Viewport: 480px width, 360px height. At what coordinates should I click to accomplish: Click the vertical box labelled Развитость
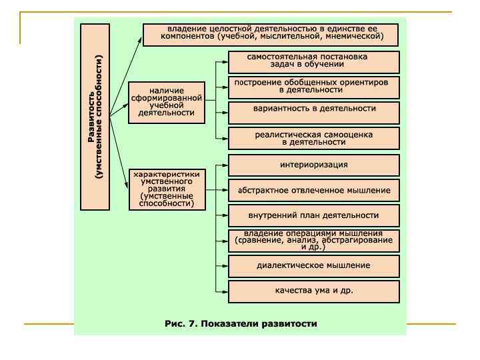tap(95, 116)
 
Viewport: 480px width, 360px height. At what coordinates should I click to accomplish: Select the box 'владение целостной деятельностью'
tap(270, 34)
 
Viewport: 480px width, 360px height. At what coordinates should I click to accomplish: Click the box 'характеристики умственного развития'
tap(166, 189)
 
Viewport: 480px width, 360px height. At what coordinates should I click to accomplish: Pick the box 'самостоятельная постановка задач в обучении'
tap(313, 61)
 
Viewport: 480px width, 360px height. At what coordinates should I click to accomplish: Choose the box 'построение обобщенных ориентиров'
tap(313, 87)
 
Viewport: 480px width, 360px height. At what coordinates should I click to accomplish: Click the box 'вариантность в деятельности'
tap(313, 111)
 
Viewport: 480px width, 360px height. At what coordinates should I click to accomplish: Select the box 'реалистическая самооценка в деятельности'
tap(313, 138)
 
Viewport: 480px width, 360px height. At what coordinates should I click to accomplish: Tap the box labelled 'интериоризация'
tap(313, 165)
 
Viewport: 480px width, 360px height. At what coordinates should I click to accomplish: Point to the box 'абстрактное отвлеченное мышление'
tap(313, 190)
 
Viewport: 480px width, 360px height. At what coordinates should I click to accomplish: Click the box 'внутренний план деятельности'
tap(313, 215)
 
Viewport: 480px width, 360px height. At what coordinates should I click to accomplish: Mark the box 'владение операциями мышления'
tap(313, 240)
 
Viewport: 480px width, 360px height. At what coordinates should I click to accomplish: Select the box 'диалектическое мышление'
tap(313, 265)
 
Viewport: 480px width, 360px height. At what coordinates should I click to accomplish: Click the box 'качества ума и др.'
tap(313, 291)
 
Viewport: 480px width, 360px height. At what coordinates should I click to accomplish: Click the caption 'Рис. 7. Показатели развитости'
tap(241, 324)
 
